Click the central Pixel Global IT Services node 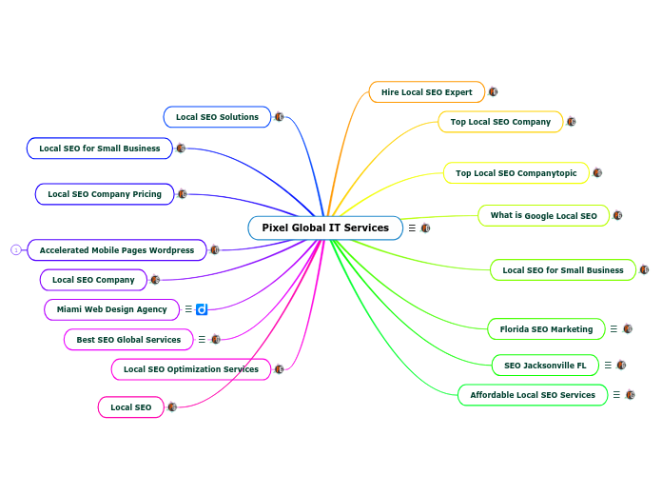(x=325, y=228)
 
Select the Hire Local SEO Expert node (x=426, y=92)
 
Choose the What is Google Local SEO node (x=543, y=216)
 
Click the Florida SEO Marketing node (x=546, y=329)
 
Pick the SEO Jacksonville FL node (x=545, y=366)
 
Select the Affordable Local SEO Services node (x=533, y=395)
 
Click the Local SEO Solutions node (x=217, y=117)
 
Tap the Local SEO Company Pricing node (x=105, y=194)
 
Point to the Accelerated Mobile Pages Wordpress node (x=117, y=250)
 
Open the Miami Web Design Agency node (x=111, y=309)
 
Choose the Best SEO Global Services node (x=128, y=340)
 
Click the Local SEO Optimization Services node (x=191, y=369)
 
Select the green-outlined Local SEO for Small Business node (x=563, y=270)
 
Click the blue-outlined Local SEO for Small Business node (x=100, y=148)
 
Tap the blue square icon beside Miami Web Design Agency (x=202, y=309)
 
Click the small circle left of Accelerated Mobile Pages (x=15, y=250)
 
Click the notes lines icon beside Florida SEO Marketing (x=613, y=329)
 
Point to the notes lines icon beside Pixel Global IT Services (x=412, y=228)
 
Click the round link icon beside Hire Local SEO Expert (x=493, y=92)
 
